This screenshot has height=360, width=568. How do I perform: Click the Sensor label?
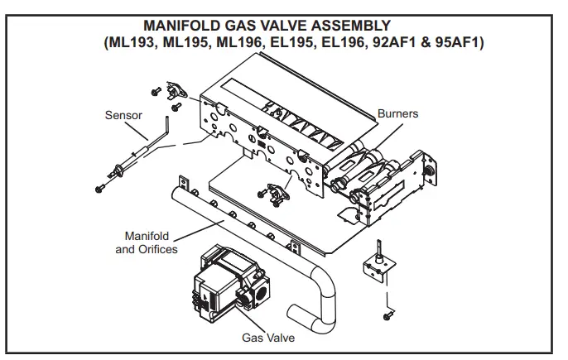pos(123,115)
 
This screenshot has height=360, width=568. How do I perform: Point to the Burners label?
pos(397,113)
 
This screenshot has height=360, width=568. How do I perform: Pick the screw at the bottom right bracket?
pos(387,316)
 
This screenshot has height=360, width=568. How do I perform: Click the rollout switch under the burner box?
pos(277,192)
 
